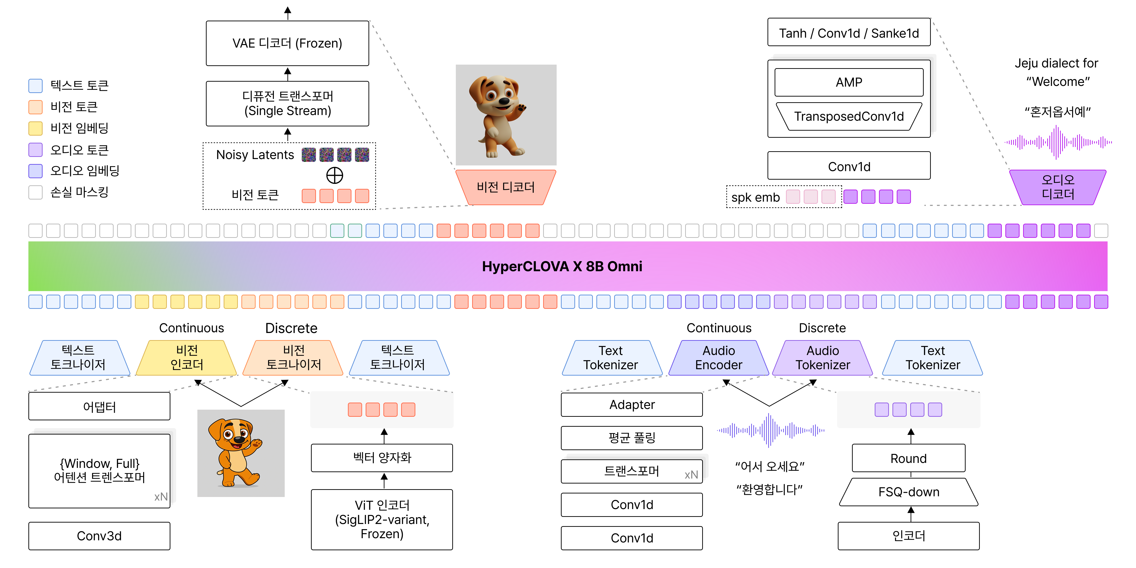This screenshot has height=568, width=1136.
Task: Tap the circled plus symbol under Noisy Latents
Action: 335,176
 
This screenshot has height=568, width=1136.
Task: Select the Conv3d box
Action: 99,536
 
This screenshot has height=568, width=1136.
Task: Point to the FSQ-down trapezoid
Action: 909,492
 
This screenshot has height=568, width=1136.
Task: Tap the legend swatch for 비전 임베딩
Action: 35,128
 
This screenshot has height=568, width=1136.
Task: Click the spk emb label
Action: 755,197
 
